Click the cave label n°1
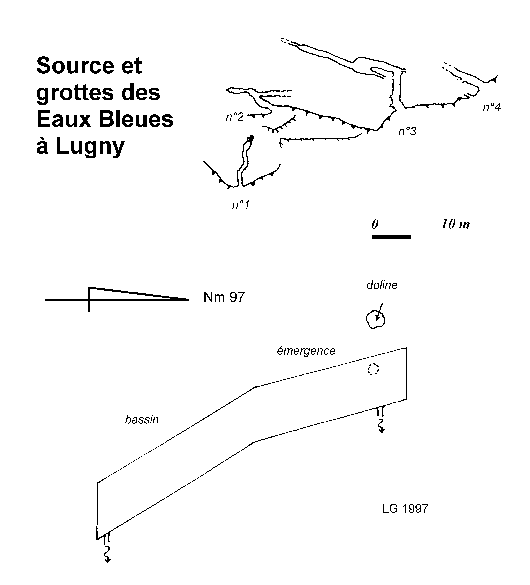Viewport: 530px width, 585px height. click(x=241, y=205)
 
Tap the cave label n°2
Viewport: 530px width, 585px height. click(x=235, y=117)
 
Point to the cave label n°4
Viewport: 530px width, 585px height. click(x=492, y=107)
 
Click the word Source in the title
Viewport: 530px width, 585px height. click(x=75, y=66)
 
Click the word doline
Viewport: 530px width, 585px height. click(x=382, y=285)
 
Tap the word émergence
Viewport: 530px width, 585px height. click(x=306, y=351)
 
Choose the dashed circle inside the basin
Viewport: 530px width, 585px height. click(x=373, y=369)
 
